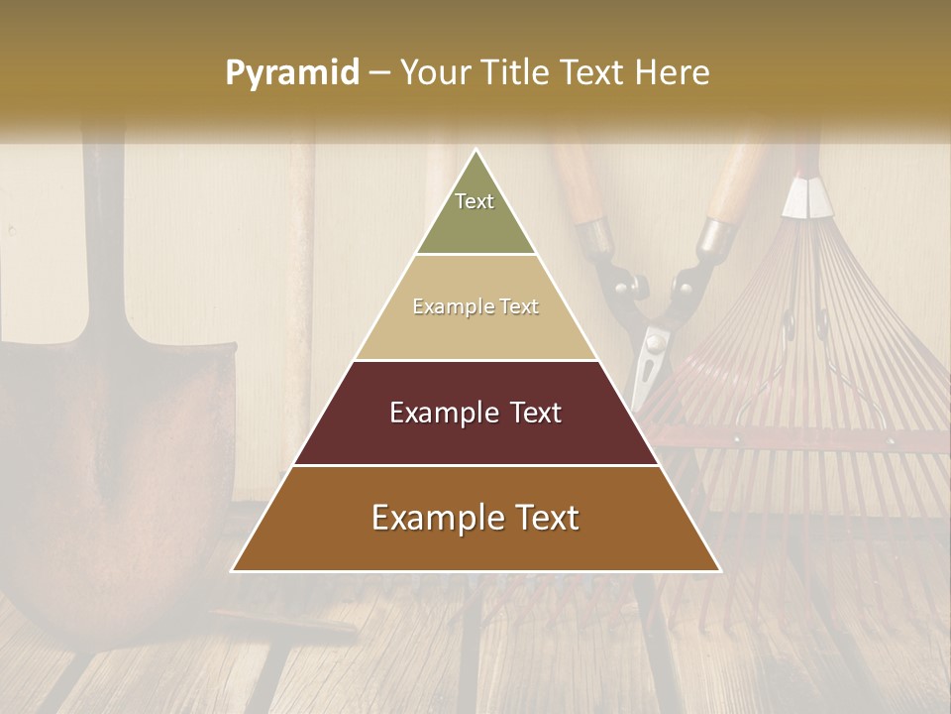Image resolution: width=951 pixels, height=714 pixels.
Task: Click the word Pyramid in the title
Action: coord(292,73)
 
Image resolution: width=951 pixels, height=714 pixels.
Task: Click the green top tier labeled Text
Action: coord(475,213)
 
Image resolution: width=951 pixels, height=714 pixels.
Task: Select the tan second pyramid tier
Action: coord(475,307)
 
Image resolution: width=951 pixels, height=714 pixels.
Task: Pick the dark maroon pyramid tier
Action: coord(475,413)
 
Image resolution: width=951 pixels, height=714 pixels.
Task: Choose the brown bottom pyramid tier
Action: coord(475,519)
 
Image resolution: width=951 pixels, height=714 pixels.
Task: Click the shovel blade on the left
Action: coord(109,466)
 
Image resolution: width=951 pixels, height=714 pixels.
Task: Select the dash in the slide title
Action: coord(378,73)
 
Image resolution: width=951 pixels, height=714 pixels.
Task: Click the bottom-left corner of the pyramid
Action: coord(233,570)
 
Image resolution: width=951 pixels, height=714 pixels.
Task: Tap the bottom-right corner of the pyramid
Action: coord(720,570)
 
